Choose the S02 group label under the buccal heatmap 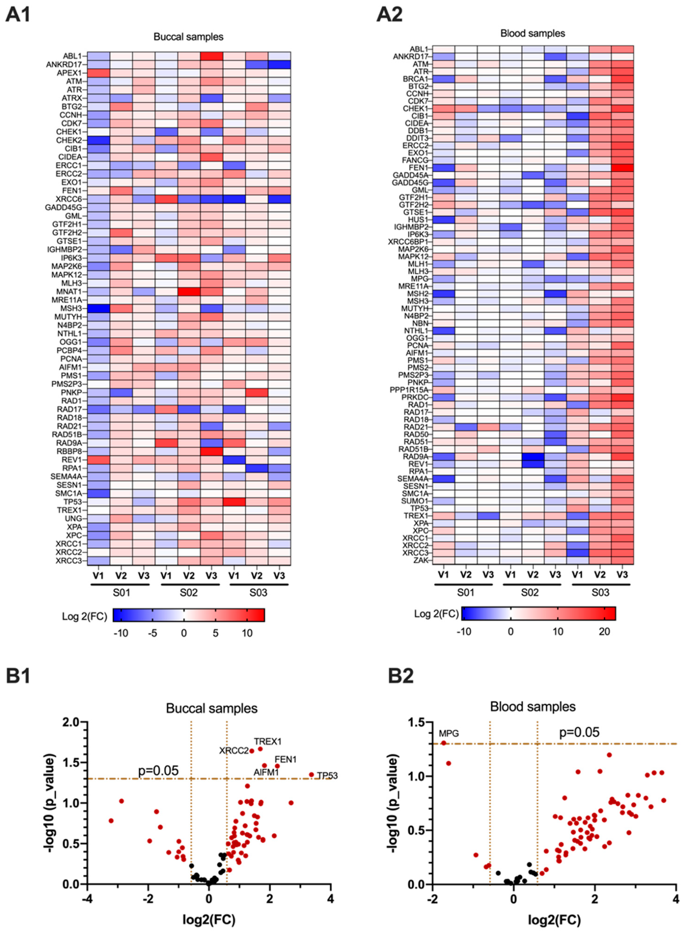coord(189,592)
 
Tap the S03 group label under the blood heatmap coord(600,592)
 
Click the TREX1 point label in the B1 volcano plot coord(268,741)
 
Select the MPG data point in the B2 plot coord(444,743)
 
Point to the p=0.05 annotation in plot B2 coord(579,732)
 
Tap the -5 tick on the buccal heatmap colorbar coord(152,633)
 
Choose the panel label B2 coord(401,676)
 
